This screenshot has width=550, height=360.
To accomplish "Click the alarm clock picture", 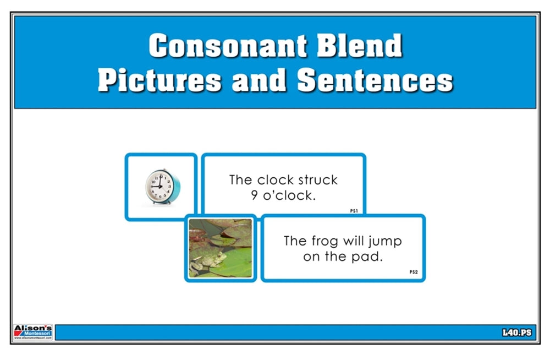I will pos(161,187).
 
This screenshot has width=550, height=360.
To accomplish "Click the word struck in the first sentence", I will pos(317,179).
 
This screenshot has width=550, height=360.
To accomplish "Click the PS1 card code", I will pos(354,211).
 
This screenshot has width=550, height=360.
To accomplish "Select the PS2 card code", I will pos(414,271).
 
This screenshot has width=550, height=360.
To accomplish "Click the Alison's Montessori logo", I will pos(33,332).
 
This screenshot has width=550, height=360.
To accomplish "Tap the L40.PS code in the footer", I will pos(517,332).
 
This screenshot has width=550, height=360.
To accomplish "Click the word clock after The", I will pos(276,179).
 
